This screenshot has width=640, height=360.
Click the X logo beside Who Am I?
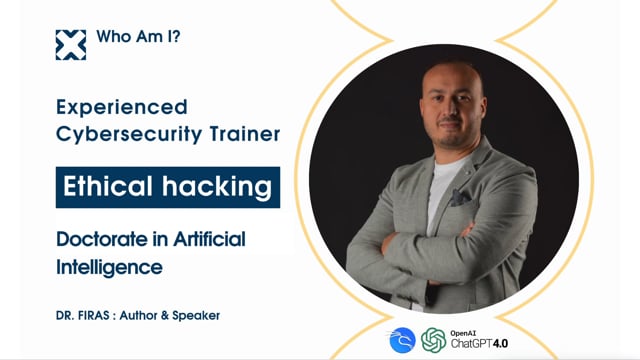pos(71,45)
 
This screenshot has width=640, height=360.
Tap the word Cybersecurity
pos(125,134)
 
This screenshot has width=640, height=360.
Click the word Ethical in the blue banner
pos(107,187)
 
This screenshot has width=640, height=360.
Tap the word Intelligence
pos(109,267)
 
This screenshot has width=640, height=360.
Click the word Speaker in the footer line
pos(191,315)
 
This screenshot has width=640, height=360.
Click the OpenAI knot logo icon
pos(433,341)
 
